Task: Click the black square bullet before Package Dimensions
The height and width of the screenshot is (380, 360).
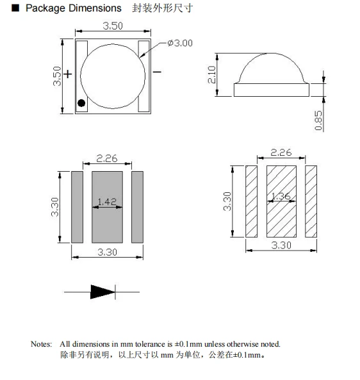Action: (x=15, y=8)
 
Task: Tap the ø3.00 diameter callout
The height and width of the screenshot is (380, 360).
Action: (x=180, y=43)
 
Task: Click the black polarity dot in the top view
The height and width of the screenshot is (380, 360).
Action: (x=81, y=103)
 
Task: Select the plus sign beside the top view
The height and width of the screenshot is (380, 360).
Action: (x=68, y=74)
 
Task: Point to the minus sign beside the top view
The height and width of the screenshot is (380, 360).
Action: (x=157, y=72)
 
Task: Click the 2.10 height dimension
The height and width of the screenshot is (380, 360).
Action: (x=212, y=74)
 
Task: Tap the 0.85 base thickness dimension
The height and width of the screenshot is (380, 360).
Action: (x=318, y=120)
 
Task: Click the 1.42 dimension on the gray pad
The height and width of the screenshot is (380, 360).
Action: (x=107, y=201)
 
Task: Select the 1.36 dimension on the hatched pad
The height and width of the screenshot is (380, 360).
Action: (x=281, y=196)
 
